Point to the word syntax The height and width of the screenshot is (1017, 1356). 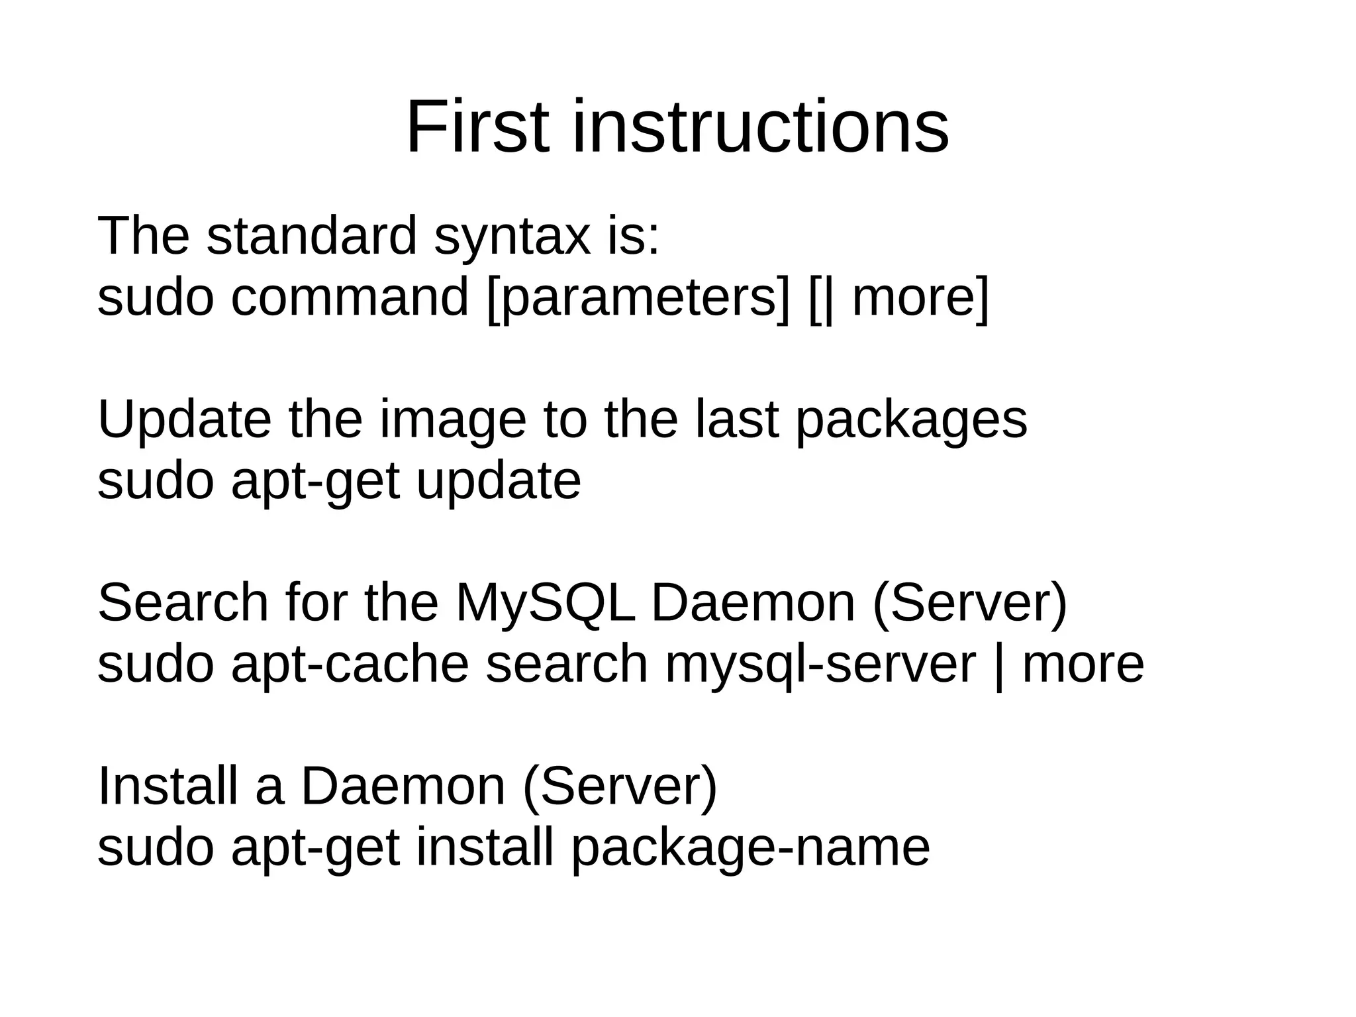click(512, 237)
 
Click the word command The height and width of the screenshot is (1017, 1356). click(350, 297)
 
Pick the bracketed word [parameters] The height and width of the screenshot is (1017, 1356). click(638, 299)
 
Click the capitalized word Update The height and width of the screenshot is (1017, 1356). click(184, 420)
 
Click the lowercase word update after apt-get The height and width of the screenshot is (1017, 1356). click(498, 482)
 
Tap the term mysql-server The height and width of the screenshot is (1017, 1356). click(820, 665)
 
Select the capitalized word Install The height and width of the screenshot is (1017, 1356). click(167, 786)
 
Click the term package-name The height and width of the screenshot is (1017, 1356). click(750, 848)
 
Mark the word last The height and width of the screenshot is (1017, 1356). click(736, 420)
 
